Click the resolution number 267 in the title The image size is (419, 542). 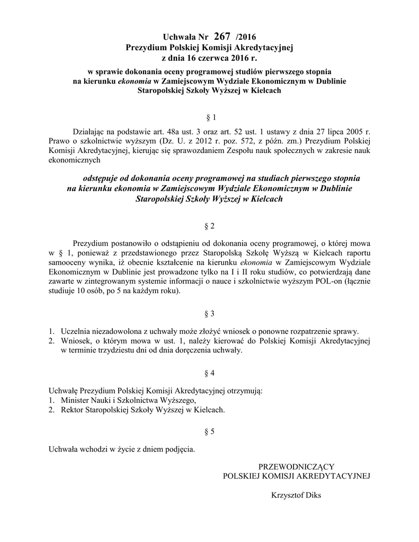[222, 37]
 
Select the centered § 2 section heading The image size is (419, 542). [209, 227]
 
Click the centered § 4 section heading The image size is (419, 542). [209, 373]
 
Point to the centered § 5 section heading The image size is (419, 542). [209, 432]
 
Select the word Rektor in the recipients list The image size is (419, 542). [73, 410]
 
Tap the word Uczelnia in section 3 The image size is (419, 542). [77, 330]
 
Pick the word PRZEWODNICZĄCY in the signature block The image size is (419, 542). [296, 466]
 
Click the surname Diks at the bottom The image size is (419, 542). [312, 496]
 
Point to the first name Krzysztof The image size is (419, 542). [286, 496]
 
